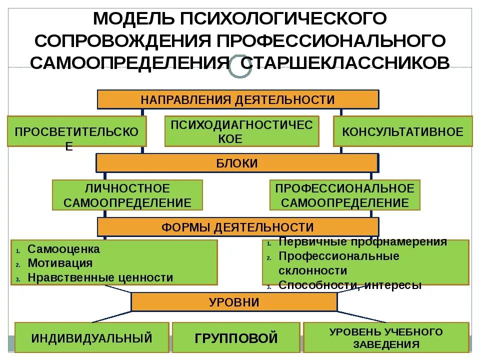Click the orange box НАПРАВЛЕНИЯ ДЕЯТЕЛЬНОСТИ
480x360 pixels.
pyautogui.click(x=237, y=99)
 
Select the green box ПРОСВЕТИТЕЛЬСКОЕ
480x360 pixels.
pyautogui.click(x=76, y=131)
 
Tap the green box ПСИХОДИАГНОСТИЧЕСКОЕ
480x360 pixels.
pyautogui.click(x=241, y=131)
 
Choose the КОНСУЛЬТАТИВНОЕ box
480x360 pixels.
pyautogui.click(x=402, y=131)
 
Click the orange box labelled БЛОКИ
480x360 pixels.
pyautogui.click(x=237, y=163)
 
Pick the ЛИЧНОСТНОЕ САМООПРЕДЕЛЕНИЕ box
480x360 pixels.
pyautogui.click(x=127, y=195)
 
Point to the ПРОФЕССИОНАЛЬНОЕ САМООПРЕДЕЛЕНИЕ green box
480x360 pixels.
pyautogui.click(x=344, y=195)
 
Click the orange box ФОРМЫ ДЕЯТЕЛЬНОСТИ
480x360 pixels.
pyautogui.click(x=237, y=227)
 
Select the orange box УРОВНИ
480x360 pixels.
pyautogui.click(x=234, y=302)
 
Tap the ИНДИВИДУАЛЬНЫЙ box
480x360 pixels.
pyautogui.click(x=91, y=338)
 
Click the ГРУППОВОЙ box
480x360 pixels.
pyautogui.click(x=236, y=338)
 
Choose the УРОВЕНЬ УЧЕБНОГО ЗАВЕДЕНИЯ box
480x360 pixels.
pyautogui.click(x=386, y=338)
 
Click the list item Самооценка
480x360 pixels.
pyautogui.click(x=63, y=249)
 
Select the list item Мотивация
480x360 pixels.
pyautogui.click(x=60, y=263)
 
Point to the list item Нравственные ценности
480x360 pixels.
pyautogui.click(x=100, y=277)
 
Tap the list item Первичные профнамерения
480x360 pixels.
pyautogui.click(x=362, y=242)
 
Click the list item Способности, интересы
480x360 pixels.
pyautogui.click(x=350, y=285)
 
